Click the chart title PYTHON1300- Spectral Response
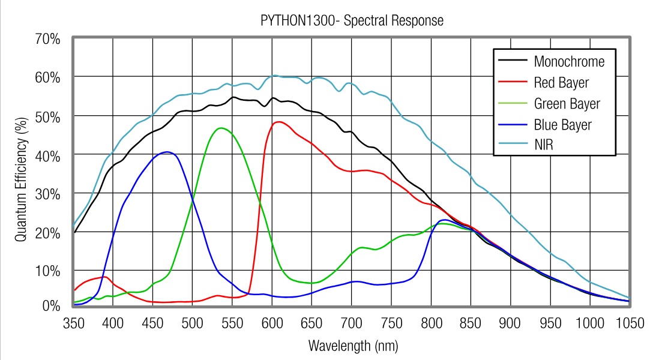(352, 20)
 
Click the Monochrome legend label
(569, 61)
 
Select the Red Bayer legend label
(561, 82)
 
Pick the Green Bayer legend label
(567, 104)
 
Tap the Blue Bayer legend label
(562, 125)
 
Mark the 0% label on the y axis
(52, 306)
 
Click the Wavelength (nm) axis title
(352, 346)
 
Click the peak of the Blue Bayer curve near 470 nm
(167, 152)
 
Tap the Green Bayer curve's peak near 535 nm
(221, 128)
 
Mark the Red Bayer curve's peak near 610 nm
(279, 122)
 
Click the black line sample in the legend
(511, 61)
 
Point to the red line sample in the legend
(511, 82)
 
